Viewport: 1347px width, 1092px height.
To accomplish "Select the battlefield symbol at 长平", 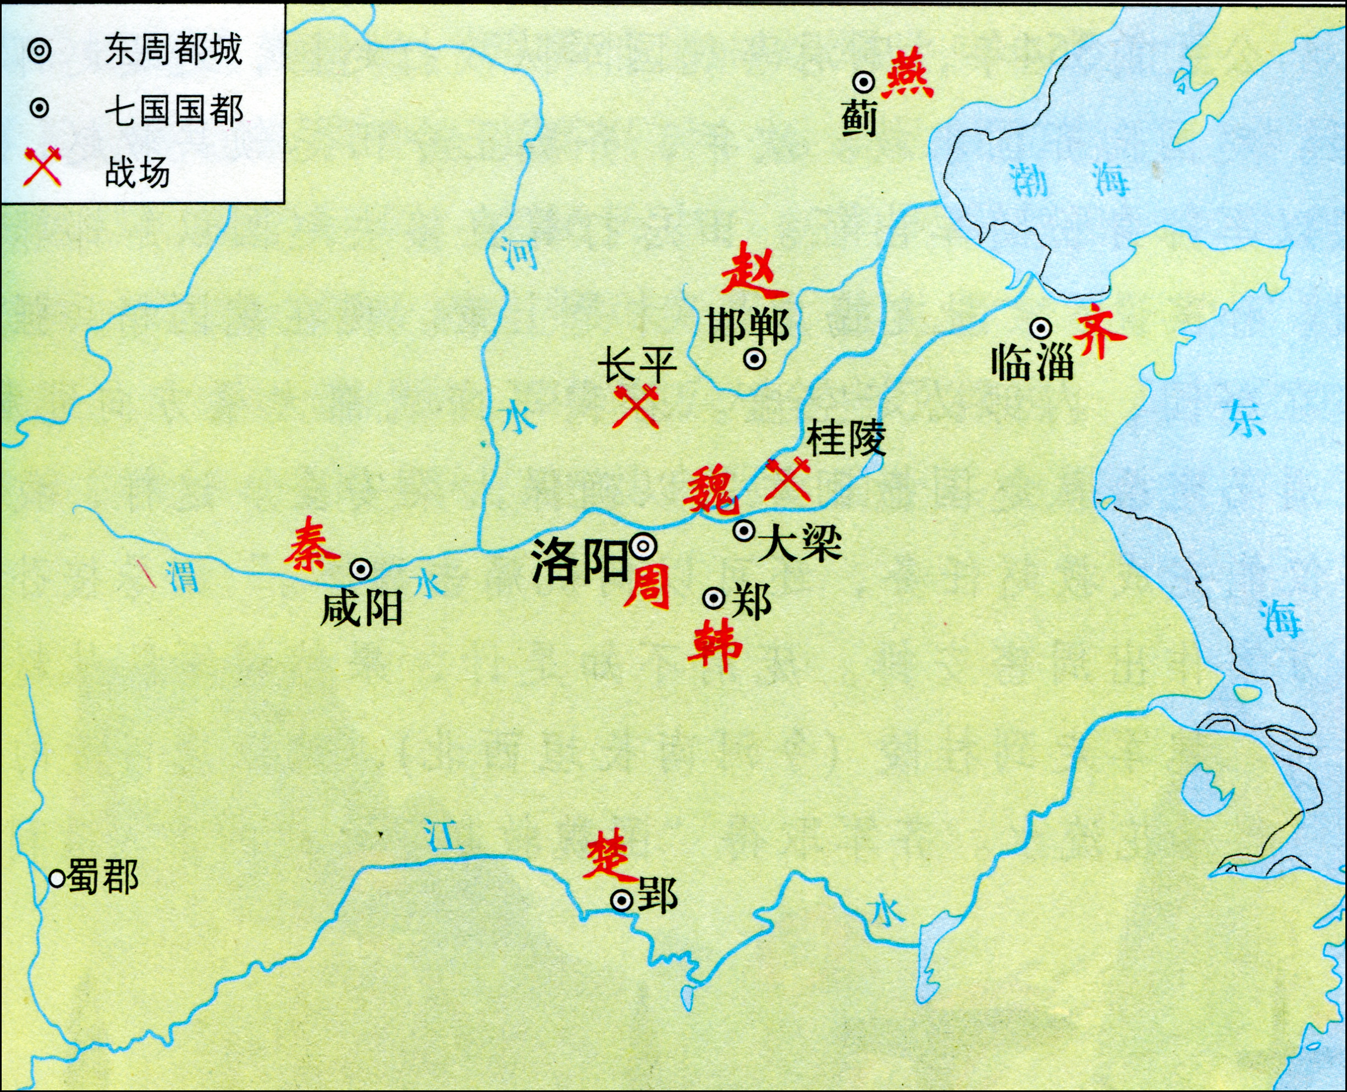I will click(636, 408).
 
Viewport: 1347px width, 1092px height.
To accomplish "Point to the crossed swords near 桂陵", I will click(787, 479).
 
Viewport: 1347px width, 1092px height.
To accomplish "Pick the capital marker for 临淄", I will click(1041, 328).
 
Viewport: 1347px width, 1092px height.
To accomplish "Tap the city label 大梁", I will click(799, 545).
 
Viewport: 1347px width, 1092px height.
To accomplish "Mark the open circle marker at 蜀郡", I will click(57, 878).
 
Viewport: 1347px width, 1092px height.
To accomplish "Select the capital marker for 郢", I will click(622, 901).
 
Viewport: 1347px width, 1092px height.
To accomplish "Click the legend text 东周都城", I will click(173, 49).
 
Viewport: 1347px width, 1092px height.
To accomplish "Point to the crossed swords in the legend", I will click(41, 167).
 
